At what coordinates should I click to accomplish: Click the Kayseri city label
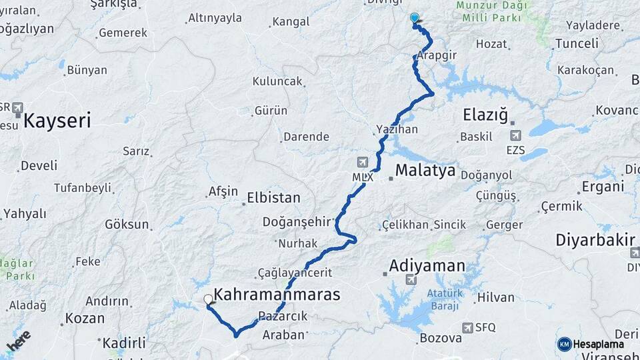[57, 121]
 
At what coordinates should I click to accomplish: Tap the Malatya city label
[425, 171]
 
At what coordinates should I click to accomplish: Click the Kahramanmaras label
[277, 294]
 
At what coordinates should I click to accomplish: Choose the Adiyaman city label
[427, 266]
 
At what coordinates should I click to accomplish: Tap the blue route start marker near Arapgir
[415, 19]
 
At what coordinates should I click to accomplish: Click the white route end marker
[209, 300]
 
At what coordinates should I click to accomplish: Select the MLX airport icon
[362, 162]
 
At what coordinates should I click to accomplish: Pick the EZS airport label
[516, 150]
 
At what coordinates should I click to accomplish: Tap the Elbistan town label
[273, 198]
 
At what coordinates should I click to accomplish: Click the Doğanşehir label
[297, 221]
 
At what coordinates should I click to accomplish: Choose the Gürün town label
[271, 110]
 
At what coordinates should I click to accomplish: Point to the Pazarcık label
[283, 316]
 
